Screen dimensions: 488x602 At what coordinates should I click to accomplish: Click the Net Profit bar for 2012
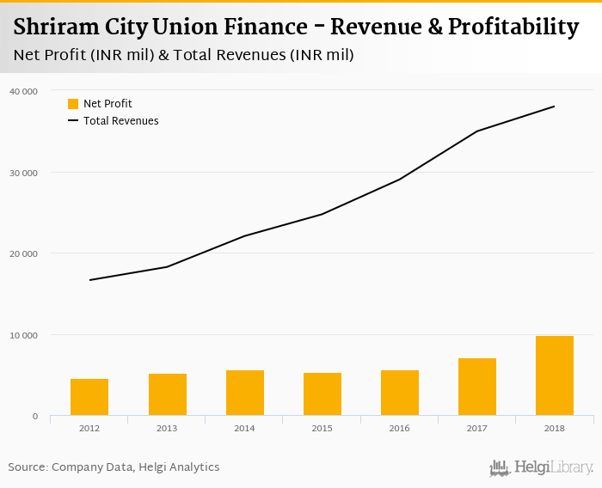pyautogui.click(x=89, y=397)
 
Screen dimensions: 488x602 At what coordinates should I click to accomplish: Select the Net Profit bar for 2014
pyautogui.click(x=245, y=393)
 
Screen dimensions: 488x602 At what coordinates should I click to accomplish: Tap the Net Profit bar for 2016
pyautogui.click(x=400, y=393)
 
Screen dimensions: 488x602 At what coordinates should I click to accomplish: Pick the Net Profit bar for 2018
pyautogui.click(x=555, y=375)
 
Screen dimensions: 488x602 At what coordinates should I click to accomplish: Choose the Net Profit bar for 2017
pyautogui.click(x=477, y=387)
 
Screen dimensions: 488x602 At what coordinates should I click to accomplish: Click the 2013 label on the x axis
pyautogui.click(x=167, y=429)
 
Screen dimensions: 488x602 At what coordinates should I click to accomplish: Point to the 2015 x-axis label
pyautogui.click(x=322, y=429)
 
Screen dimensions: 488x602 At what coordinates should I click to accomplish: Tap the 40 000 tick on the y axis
pyautogui.click(x=23, y=91)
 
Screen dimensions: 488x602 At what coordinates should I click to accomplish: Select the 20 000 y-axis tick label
pyautogui.click(x=23, y=253)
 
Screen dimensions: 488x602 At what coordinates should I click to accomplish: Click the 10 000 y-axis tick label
pyautogui.click(x=23, y=335)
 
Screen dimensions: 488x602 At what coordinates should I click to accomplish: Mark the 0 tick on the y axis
pyautogui.click(x=34, y=417)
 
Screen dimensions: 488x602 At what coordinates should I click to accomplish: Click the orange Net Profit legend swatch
pyautogui.click(x=73, y=104)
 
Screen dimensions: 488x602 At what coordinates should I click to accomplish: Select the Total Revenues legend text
pyautogui.click(x=121, y=121)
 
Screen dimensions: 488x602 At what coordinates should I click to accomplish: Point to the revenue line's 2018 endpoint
pyautogui.click(x=555, y=107)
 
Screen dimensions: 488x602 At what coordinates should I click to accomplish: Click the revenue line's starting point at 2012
pyautogui.click(x=89, y=280)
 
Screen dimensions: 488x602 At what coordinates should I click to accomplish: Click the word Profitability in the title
pyautogui.click(x=511, y=27)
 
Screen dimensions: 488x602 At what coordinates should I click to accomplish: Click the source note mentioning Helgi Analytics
pyautogui.click(x=114, y=467)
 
